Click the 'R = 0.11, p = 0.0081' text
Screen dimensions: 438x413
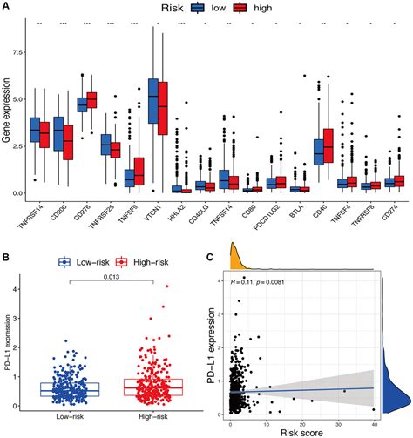pos(261,282)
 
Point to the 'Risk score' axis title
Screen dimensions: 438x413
pos(300,431)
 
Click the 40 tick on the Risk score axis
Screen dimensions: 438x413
pos(374,418)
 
